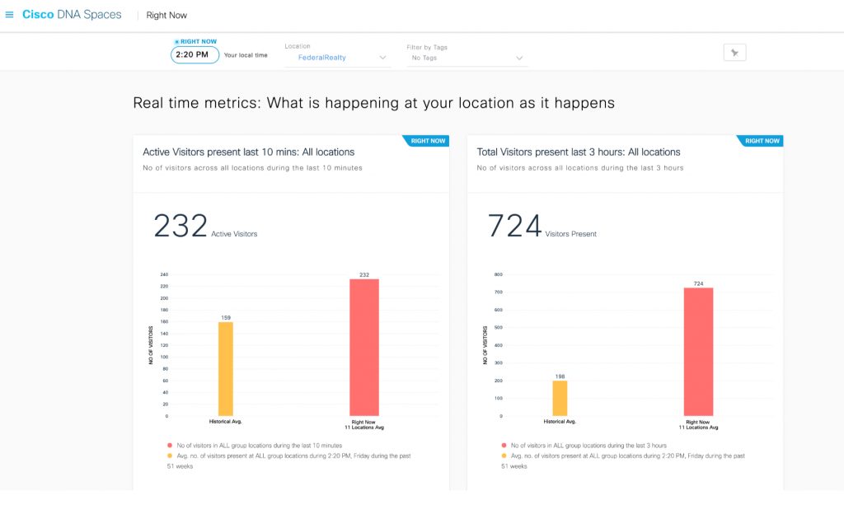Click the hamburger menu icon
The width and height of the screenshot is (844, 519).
(x=9, y=15)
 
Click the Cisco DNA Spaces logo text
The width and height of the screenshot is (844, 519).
(x=72, y=15)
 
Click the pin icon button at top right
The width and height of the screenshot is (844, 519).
(x=734, y=53)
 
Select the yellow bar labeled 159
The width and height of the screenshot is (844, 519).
(x=225, y=368)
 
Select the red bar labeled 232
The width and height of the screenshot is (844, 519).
(x=363, y=347)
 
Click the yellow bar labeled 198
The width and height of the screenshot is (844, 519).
(x=560, y=398)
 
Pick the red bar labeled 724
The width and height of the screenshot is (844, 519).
(x=698, y=351)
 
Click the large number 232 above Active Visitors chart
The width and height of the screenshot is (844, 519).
(x=181, y=227)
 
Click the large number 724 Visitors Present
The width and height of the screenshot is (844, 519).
(x=515, y=227)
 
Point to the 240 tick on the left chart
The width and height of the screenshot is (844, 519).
(x=163, y=274)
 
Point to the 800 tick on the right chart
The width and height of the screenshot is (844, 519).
(x=497, y=274)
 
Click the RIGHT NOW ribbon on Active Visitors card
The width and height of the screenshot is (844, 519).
(x=427, y=141)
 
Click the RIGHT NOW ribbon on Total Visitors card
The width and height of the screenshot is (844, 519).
(x=762, y=141)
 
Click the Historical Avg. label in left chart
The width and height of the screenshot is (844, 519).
(x=225, y=422)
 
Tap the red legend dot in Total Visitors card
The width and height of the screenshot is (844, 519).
(x=503, y=445)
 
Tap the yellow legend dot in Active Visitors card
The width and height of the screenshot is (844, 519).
(x=169, y=456)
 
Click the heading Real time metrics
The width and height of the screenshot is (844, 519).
(x=373, y=103)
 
